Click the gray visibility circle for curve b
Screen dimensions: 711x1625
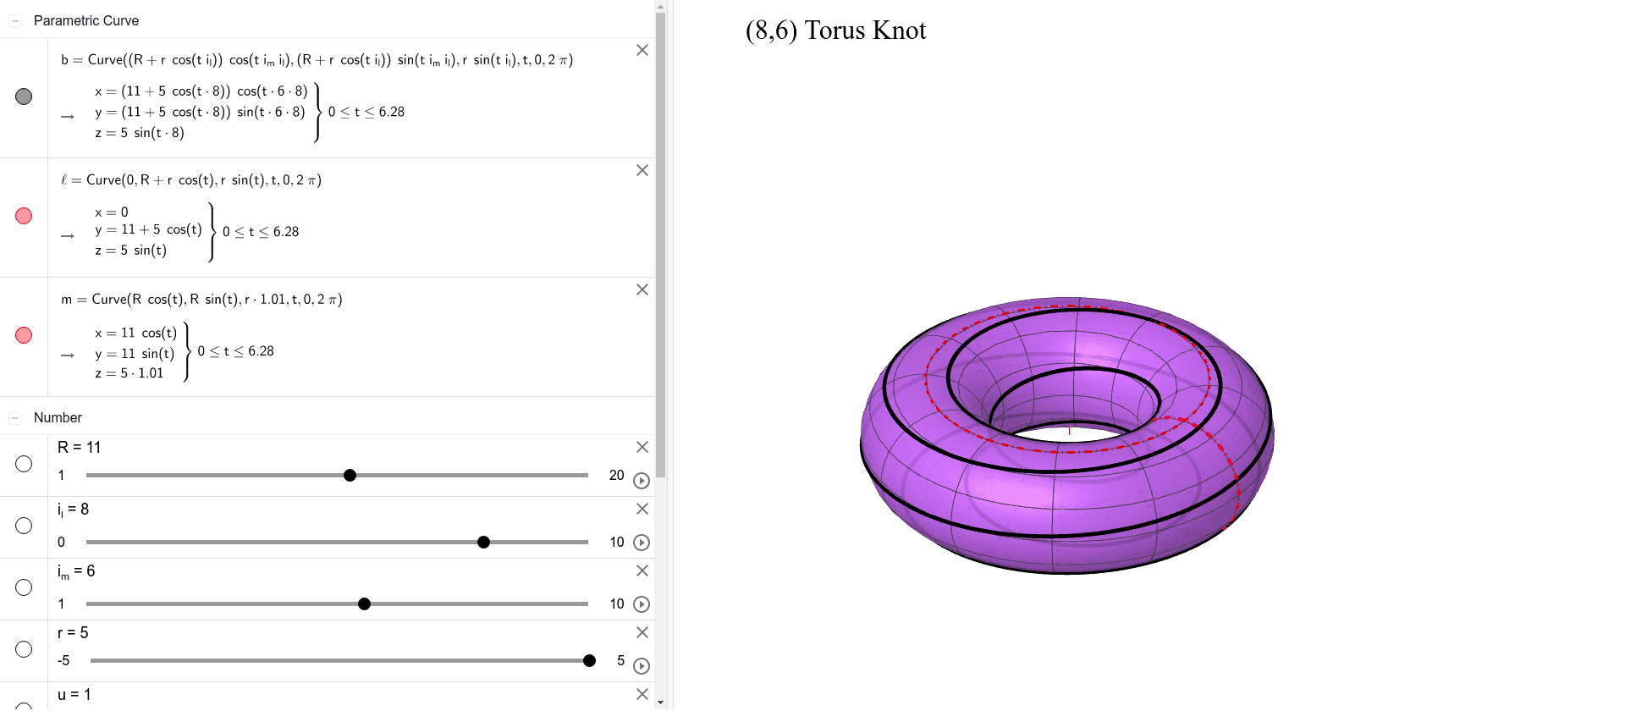tap(24, 96)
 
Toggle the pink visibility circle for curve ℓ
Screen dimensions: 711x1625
tap(24, 216)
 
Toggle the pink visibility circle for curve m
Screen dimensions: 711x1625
tap(24, 335)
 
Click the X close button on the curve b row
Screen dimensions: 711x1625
tap(642, 50)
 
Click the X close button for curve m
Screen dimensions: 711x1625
tap(642, 289)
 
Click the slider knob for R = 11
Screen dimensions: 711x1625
tap(350, 476)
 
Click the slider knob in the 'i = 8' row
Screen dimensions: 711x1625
tap(483, 543)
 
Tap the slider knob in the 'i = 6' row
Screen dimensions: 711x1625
tap(364, 604)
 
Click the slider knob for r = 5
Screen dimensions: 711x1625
tap(589, 661)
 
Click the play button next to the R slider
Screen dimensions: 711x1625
tap(642, 481)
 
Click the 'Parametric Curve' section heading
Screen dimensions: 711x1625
tap(85, 20)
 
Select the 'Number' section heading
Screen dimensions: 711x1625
tap(58, 417)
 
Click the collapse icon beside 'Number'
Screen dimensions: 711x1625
tap(15, 418)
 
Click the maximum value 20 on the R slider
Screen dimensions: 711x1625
tap(616, 476)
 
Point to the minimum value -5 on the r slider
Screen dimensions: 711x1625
tap(63, 661)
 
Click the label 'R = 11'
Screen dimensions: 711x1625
tap(79, 448)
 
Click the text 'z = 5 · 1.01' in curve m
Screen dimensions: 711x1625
tap(129, 373)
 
